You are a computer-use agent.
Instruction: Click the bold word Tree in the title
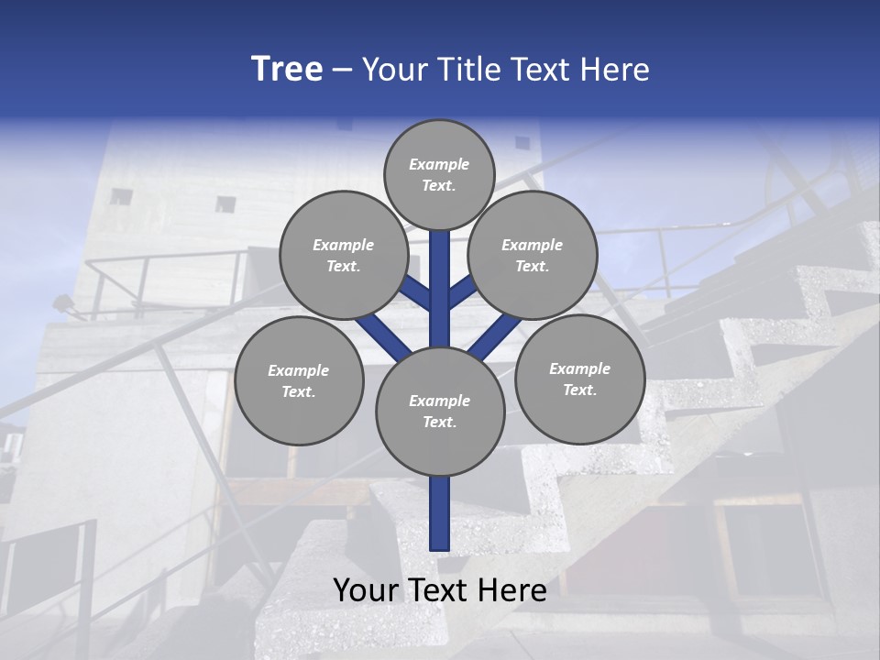[x=287, y=70]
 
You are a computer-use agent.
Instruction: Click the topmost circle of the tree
[x=439, y=174]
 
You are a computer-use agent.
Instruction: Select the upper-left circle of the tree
[x=343, y=255]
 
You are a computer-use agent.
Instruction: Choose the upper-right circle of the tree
[x=533, y=255]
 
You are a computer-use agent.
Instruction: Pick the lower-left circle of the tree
[x=299, y=380]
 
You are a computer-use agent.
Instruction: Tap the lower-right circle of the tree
[x=579, y=379]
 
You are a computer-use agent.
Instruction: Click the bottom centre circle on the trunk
[x=439, y=411]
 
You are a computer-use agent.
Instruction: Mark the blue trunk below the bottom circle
[x=439, y=513]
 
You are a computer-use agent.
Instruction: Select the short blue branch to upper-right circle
[x=461, y=292]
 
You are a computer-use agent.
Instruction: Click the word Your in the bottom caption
[x=367, y=590]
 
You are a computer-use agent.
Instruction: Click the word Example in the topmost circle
[x=439, y=164]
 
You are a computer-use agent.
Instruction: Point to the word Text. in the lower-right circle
[x=579, y=390]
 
